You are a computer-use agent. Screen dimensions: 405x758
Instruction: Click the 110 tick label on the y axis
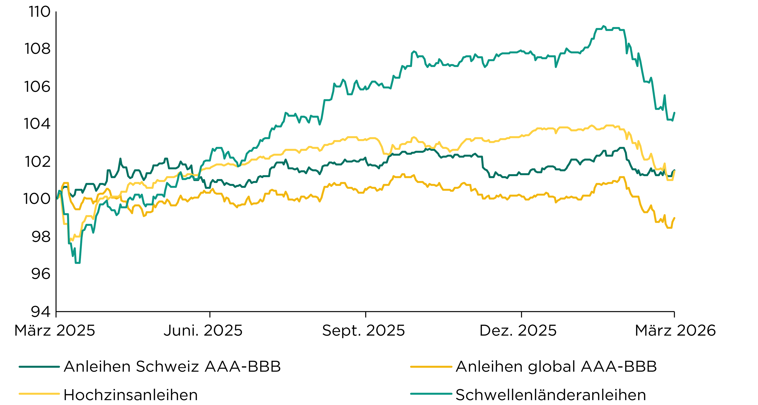pyautogui.click(x=39, y=12)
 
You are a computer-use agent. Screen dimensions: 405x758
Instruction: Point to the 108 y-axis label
pyautogui.click(x=37, y=49)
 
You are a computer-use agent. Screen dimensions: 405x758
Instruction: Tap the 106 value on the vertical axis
pyautogui.click(x=37, y=87)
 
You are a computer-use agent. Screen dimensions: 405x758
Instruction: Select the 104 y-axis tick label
pyautogui.click(x=37, y=124)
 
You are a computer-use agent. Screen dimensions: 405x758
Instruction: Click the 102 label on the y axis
pyautogui.click(x=37, y=162)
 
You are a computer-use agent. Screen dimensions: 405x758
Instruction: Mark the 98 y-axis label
pyautogui.click(x=41, y=237)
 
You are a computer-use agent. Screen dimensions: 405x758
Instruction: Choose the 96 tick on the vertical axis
pyautogui.click(x=41, y=274)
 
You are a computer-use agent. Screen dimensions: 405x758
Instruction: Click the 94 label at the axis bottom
pyautogui.click(x=41, y=311)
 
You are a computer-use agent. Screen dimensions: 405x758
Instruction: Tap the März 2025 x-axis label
pyautogui.click(x=55, y=330)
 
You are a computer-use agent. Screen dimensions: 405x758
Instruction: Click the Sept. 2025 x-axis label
pyautogui.click(x=363, y=330)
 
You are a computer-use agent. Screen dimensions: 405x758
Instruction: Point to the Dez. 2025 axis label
pyautogui.click(x=518, y=330)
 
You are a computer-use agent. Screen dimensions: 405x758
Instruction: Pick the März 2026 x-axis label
pyautogui.click(x=675, y=330)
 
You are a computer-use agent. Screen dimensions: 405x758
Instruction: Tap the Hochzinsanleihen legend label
pyautogui.click(x=131, y=395)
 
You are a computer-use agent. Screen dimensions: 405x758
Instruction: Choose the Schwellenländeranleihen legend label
pyautogui.click(x=551, y=395)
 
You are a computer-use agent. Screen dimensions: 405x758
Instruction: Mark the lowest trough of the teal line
pyautogui.click(x=78, y=263)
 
